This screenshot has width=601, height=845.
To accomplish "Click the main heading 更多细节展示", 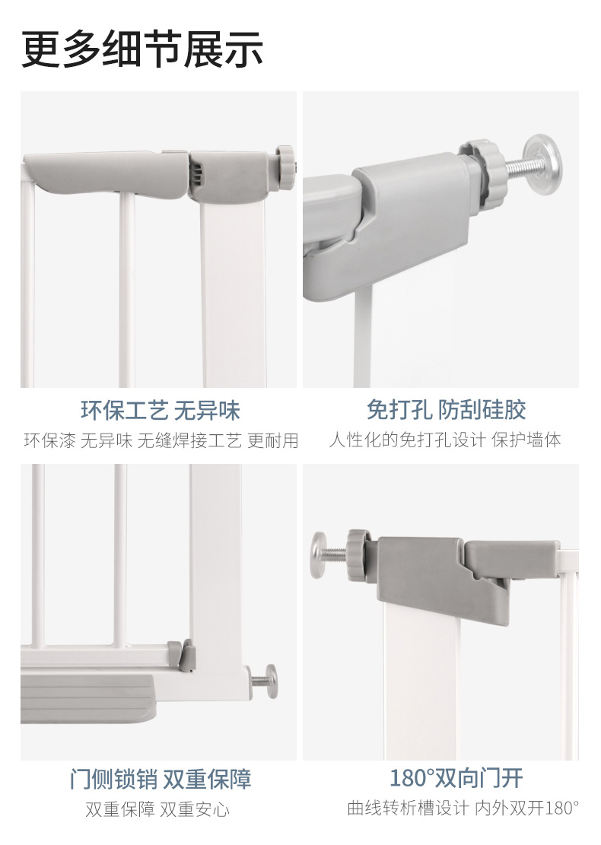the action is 142,49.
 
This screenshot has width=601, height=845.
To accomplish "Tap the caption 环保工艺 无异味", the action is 160,411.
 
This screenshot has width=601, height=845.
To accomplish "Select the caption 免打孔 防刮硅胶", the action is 447,409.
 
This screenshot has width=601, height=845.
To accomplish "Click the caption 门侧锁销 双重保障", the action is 161,780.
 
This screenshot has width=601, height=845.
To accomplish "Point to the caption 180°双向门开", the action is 456,777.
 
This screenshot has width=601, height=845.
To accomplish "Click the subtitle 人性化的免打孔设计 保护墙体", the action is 445,440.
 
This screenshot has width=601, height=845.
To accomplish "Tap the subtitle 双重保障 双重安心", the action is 157,809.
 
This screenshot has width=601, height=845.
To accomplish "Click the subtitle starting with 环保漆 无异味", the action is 161,440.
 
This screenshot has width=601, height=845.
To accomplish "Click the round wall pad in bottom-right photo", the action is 319,554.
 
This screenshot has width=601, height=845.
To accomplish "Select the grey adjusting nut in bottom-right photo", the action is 358,555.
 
